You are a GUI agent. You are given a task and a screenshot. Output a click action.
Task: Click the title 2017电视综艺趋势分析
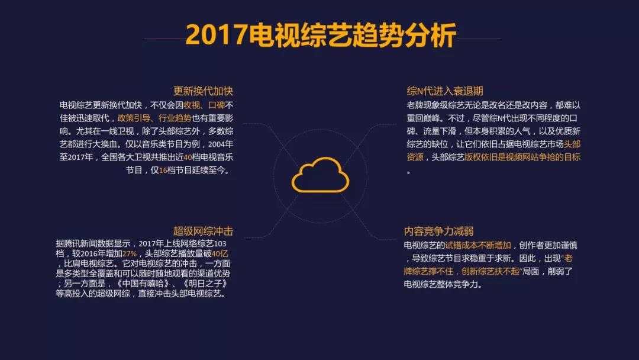pos(320,35)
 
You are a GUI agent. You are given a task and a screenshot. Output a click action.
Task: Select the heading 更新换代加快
pos(203,91)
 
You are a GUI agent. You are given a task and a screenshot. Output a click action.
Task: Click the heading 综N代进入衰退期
pos(444,91)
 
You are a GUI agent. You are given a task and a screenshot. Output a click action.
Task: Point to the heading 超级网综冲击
pos(203,231)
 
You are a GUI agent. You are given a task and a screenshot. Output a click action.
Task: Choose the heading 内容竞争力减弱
pos(438,231)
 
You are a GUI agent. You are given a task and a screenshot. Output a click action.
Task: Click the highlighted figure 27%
pos(130,253)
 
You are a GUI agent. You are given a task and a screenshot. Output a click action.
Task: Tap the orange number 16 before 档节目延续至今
pos(163,171)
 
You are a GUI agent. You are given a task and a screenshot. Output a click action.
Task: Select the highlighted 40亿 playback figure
pos(220,253)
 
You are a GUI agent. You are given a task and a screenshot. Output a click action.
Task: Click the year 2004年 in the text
pos(221,144)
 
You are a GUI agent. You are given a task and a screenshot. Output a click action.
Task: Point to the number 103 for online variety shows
pos(220,244)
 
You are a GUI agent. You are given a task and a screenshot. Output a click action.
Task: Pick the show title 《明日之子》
pos(205,284)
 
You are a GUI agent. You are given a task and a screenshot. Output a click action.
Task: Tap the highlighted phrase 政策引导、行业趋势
pos(154,118)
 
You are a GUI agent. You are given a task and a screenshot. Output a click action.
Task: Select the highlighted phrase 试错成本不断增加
pos(477,246)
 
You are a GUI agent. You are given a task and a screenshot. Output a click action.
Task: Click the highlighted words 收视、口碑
pos(204,105)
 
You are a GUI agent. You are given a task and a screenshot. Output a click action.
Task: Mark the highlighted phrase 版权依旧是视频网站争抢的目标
pos(522,157)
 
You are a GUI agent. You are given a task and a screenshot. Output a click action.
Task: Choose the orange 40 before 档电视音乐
pos(188,157)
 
